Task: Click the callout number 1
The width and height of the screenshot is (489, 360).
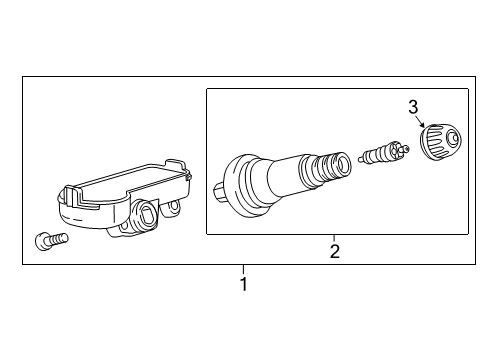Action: [x=243, y=284]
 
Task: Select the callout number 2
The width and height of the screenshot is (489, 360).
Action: [x=335, y=251]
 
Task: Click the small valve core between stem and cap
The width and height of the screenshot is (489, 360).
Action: [x=383, y=155]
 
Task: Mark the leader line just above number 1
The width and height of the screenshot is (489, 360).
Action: [x=243, y=269]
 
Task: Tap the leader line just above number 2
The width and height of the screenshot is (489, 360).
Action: [x=335, y=239]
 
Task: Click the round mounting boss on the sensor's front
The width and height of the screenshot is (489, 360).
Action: [x=145, y=213]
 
